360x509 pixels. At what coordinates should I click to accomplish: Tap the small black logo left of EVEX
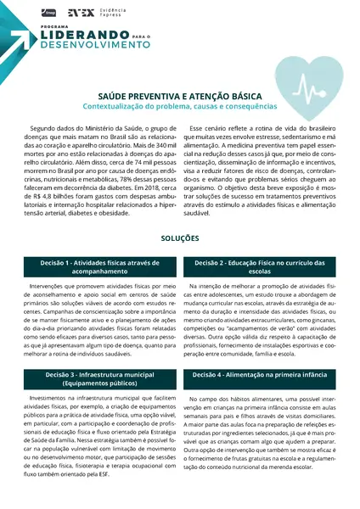pyautogui.click(x=48, y=13)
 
